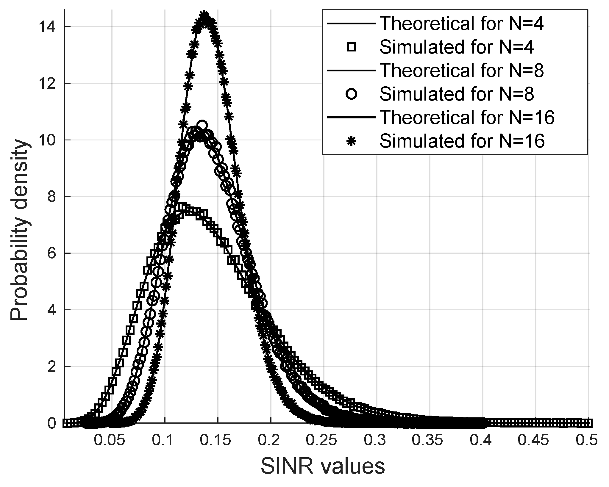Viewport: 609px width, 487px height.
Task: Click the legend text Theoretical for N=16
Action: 467,117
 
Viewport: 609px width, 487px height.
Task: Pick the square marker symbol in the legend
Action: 352,47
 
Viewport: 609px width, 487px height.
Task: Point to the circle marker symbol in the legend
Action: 352,94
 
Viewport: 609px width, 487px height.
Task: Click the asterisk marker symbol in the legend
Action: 352,141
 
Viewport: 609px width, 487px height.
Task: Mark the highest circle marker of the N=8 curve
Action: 202,125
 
